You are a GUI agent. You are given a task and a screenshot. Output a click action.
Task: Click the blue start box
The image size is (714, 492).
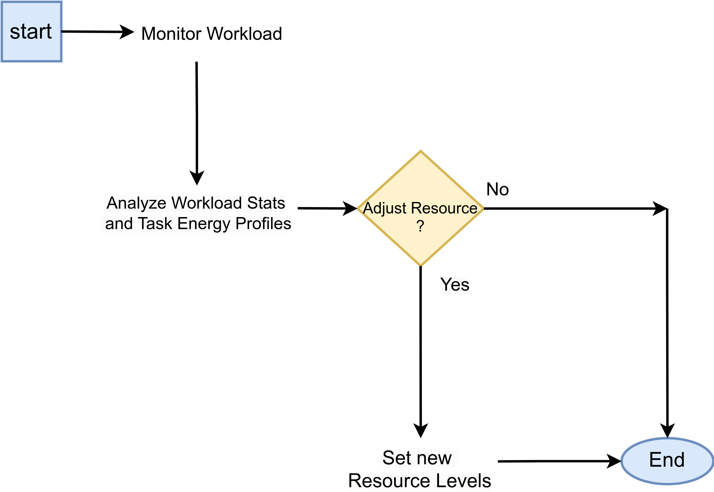31,31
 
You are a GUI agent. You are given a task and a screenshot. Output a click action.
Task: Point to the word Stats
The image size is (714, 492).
266,203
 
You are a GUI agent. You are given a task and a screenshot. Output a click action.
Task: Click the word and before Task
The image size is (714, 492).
119,224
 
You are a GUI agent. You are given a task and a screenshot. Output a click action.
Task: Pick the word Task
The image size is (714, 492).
155,224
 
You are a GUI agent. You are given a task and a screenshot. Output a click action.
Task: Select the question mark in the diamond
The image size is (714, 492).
420,226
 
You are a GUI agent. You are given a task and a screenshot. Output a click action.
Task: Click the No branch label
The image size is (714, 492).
497,190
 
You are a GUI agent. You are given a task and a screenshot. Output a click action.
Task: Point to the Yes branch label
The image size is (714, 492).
454,285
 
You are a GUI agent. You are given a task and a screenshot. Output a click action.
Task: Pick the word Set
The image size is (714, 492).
397,459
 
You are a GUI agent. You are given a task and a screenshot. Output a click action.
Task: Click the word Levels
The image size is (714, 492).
464,481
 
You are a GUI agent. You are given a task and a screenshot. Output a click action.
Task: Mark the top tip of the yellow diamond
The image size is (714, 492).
421,151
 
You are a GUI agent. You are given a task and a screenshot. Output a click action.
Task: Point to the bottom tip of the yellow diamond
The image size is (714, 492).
421,265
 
